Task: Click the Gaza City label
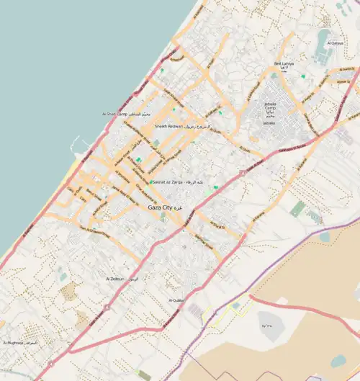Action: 159,207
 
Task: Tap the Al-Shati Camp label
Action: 114,114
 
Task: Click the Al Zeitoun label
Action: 115,278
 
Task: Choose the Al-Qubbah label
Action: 176,300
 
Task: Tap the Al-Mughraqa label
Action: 14,344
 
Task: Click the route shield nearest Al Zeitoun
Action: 106,308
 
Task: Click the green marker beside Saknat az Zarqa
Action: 151,182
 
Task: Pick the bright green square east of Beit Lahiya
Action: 303,76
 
